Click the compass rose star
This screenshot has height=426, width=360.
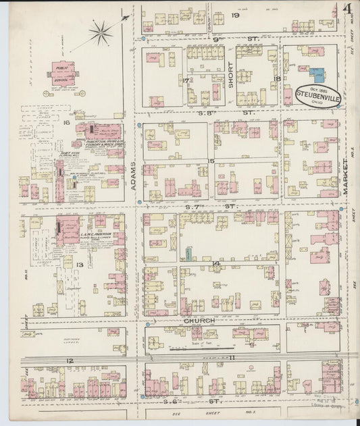click(101, 30)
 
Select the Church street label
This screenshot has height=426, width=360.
click(199, 321)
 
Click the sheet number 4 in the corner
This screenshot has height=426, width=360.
click(346, 9)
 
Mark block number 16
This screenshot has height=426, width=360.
click(66, 123)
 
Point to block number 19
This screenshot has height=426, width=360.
click(236, 15)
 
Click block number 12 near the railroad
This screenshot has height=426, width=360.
click(69, 361)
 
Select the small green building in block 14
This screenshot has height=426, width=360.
click(189, 255)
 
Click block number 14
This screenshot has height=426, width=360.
click(215, 263)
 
